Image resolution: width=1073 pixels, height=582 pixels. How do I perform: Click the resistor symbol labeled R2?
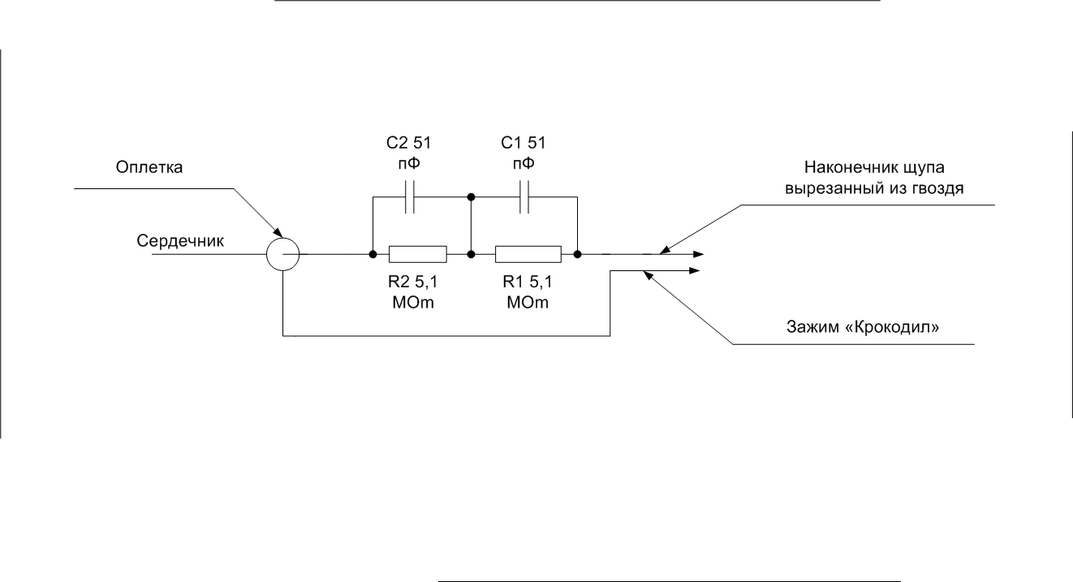[x=418, y=254]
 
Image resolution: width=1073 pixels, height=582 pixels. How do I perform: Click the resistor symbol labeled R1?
[x=528, y=254]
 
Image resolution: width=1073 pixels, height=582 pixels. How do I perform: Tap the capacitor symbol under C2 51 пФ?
[x=410, y=197]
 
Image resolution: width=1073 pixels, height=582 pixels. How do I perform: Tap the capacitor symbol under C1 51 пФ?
[x=524, y=197]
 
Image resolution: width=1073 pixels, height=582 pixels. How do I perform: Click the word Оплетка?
[x=149, y=167]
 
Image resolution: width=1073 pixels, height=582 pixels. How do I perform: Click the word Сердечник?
[x=180, y=240]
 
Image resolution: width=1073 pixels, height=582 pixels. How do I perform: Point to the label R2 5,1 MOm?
[x=413, y=291]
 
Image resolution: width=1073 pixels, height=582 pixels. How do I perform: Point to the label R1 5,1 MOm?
[x=528, y=291]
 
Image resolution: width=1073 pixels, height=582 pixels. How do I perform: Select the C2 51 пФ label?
[x=408, y=153]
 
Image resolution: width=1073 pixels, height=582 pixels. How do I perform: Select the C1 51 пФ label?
[x=523, y=153]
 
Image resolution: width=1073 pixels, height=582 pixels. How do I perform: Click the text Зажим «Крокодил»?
[x=863, y=326]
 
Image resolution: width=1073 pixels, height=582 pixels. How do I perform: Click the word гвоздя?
[x=933, y=188]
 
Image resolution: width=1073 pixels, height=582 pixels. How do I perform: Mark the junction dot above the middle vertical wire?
[x=471, y=197]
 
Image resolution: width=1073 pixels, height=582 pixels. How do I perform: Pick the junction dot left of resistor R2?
[x=373, y=254]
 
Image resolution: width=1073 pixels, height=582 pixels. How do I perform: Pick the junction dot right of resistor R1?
[x=577, y=254]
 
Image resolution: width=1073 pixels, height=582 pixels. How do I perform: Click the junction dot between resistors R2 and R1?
[x=471, y=254]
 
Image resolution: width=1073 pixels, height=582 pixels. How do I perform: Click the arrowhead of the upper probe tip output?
[x=698, y=254]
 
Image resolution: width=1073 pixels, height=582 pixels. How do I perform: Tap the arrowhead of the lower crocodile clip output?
[x=695, y=270]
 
